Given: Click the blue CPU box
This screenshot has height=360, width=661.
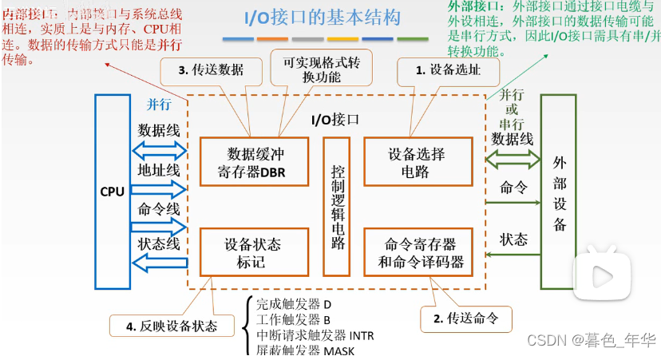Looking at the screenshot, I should click(x=112, y=192).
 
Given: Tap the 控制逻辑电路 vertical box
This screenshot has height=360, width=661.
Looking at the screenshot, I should click(x=337, y=207).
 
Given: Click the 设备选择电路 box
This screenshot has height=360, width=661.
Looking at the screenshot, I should click(x=416, y=162).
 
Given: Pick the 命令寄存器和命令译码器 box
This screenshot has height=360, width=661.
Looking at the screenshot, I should click(x=416, y=252).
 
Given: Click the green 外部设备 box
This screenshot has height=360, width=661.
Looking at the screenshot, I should click(x=560, y=192).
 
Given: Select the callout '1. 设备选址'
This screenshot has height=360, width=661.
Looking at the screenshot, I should click(x=448, y=70).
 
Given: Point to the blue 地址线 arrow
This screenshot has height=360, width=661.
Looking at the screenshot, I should click(x=159, y=189).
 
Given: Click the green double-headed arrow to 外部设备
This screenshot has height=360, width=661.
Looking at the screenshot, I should click(x=512, y=160).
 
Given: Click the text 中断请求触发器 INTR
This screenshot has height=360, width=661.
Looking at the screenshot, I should click(x=315, y=334).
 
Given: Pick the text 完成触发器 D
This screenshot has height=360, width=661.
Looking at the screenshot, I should click(x=293, y=303).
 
